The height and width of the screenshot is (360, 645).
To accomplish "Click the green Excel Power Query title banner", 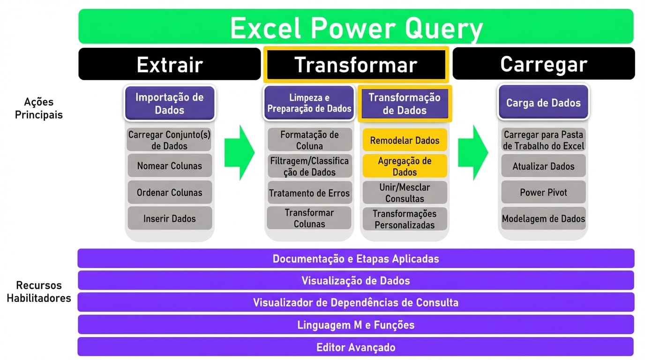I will tap(356, 27).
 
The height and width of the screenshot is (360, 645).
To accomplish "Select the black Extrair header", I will tap(169, 64).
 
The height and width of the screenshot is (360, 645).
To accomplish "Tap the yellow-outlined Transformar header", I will tap(356, 65).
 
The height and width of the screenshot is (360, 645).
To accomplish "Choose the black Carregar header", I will tap(543, 64).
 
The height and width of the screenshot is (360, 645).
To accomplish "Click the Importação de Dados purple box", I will tap(169, 104).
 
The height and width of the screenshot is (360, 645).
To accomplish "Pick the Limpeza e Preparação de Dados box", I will tap(309, 103).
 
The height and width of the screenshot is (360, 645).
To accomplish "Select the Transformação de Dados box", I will tap(405, 104).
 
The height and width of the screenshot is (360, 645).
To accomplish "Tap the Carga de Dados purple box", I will tap(543, 103).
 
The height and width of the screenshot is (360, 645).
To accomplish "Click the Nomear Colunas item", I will tap(169, 166).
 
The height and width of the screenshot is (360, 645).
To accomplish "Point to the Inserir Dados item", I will tap(169, 218).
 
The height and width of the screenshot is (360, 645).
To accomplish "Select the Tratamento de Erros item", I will tap(309, 193).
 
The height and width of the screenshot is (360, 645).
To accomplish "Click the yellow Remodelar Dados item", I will tap(405, 140).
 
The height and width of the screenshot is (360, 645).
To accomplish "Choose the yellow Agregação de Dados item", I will tap(405, 166).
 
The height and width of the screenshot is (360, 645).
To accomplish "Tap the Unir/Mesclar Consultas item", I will tap(405, 193).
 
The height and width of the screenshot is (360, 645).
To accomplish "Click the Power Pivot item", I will tap(543, 192).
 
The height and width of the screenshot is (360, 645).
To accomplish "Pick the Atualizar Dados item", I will tap(543, 166).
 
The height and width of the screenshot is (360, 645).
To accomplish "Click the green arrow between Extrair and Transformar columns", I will tap(239, 152).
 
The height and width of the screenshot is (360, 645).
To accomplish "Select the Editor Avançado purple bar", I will tap(356, 347).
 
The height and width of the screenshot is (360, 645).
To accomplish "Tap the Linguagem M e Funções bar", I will tap(356, 325).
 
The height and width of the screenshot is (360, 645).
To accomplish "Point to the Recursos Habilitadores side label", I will tap(38, 292).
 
